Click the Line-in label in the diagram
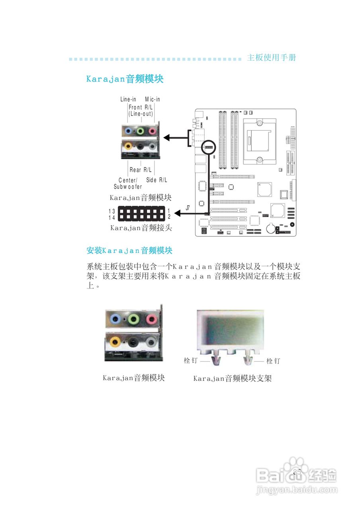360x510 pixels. click(128, 99)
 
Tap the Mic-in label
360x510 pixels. click(152, 99)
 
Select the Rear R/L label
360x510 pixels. click(141, 170)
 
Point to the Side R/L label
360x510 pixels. click(157, 180)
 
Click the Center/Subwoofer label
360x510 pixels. click(128, 184)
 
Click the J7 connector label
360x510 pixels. click(188, 208)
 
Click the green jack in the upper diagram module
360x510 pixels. click(140, 131)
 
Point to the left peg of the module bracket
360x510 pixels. click(215, 359)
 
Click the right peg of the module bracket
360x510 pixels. click(248, 359)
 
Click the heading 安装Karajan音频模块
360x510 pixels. click(129, 251)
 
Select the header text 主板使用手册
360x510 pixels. click(272, 57)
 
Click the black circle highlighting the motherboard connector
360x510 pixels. click(208, 147)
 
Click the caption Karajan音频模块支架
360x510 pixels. click(232, 379)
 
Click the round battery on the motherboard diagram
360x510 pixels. click(270, 228)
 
